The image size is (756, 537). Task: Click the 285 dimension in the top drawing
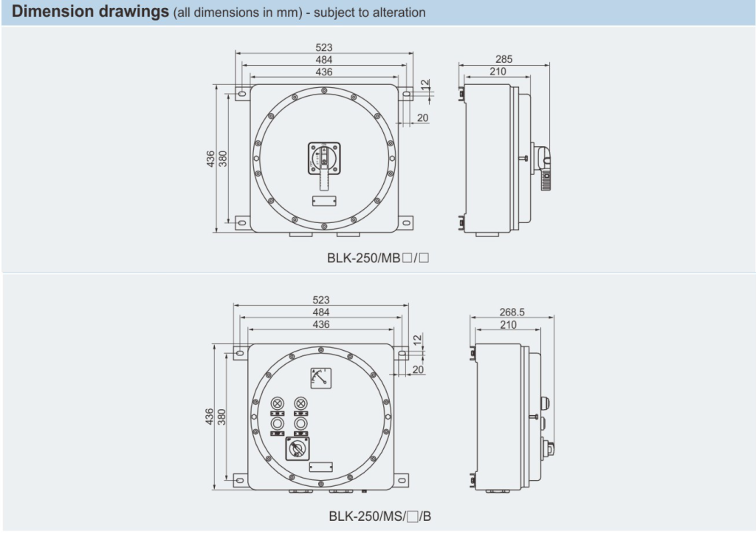click(505, 59)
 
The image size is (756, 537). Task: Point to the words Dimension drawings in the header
click(91, 12)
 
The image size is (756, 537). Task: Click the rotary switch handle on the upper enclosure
click(323, 158)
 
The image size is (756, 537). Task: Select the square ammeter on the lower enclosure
click(321, 379)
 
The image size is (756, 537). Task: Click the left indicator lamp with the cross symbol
click(278, 403)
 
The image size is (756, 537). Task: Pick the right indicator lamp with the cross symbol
click(300, 403)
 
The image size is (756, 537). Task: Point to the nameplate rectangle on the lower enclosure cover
click(320, 467)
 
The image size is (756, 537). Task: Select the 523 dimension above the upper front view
click(323, 48)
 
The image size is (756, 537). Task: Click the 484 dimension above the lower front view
click(321, 312)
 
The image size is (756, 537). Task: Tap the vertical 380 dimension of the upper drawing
click(222, 158)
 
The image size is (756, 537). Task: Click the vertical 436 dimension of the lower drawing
click(209, 417)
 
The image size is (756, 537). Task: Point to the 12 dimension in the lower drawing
click(417, 340)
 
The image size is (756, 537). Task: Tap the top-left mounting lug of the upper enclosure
click(241, 95)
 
